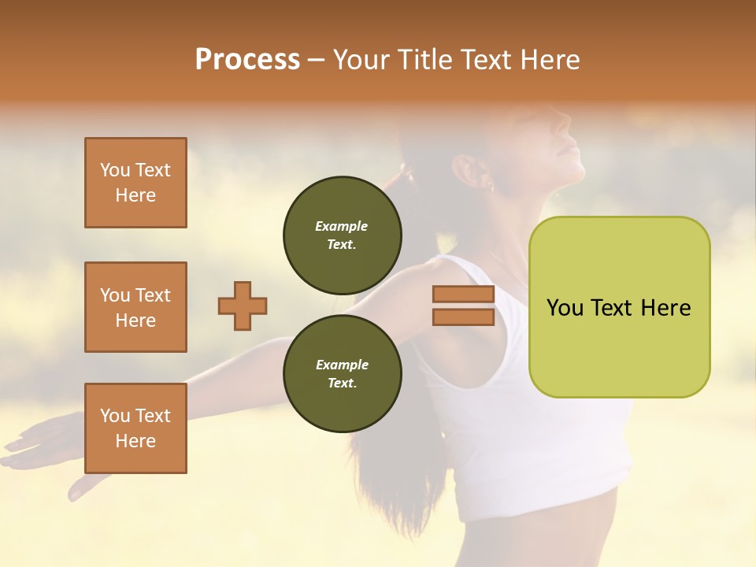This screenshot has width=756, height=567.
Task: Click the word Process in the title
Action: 247,60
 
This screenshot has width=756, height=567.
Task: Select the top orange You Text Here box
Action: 135,183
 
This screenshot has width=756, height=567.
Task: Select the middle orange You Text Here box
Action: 135,307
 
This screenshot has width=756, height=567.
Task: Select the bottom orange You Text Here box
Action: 135,428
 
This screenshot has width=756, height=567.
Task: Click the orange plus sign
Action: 243,306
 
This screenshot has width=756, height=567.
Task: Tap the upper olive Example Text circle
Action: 342,235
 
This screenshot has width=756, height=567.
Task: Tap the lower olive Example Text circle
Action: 342,374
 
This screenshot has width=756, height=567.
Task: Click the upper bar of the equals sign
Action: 464,295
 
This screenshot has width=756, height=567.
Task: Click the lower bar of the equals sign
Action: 464,317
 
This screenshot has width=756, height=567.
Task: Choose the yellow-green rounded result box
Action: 619,307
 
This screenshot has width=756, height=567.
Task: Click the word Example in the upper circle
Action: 342,227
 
